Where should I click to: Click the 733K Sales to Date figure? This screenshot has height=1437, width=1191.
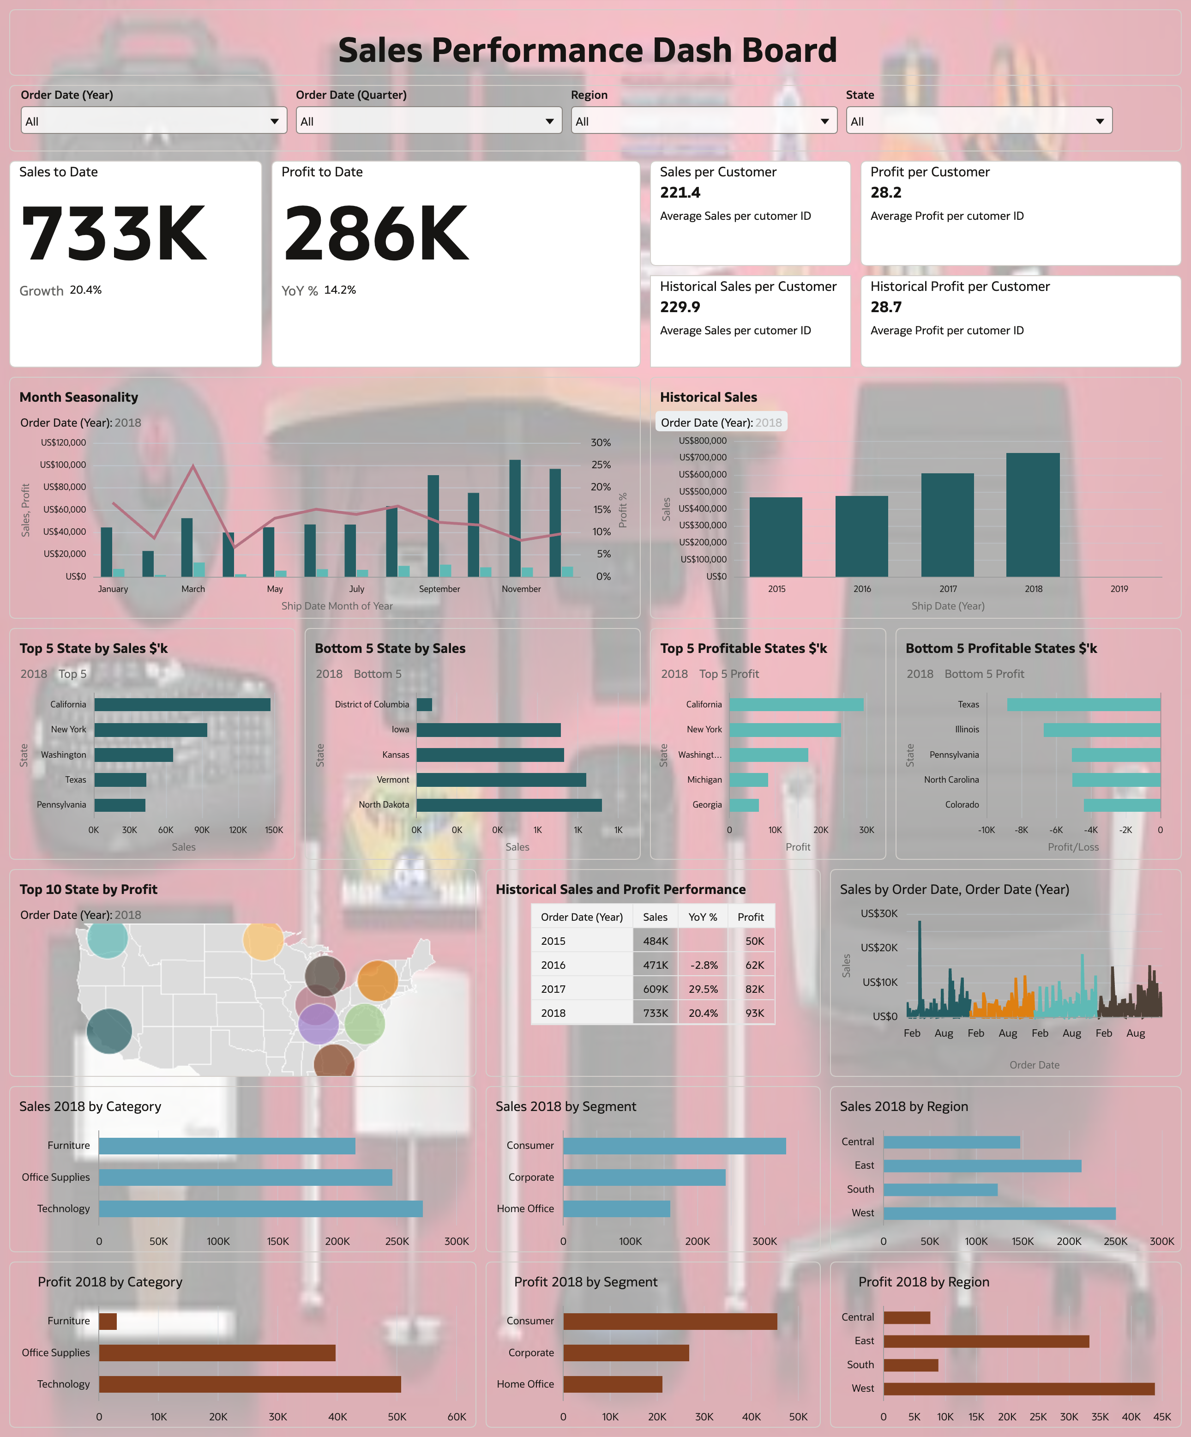pos(114,234)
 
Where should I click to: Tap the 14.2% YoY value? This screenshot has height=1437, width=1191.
pos(340,290)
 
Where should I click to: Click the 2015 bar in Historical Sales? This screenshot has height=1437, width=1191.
pos(775,537)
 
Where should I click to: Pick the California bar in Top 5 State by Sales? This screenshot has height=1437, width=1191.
pos(182,704)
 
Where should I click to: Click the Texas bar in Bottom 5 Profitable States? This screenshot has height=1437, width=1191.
pos(1083,704)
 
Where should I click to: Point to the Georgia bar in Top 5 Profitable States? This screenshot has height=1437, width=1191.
pos(744,805)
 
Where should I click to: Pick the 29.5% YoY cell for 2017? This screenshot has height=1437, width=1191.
pos(703,989)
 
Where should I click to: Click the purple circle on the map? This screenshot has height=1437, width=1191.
pos(318,1024)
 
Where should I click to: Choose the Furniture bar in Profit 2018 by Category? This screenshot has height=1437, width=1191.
pos(108,1321)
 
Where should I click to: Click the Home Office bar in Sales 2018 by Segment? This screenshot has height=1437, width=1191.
pos(616,1208)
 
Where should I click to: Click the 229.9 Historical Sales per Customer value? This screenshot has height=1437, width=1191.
pos(680,307)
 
